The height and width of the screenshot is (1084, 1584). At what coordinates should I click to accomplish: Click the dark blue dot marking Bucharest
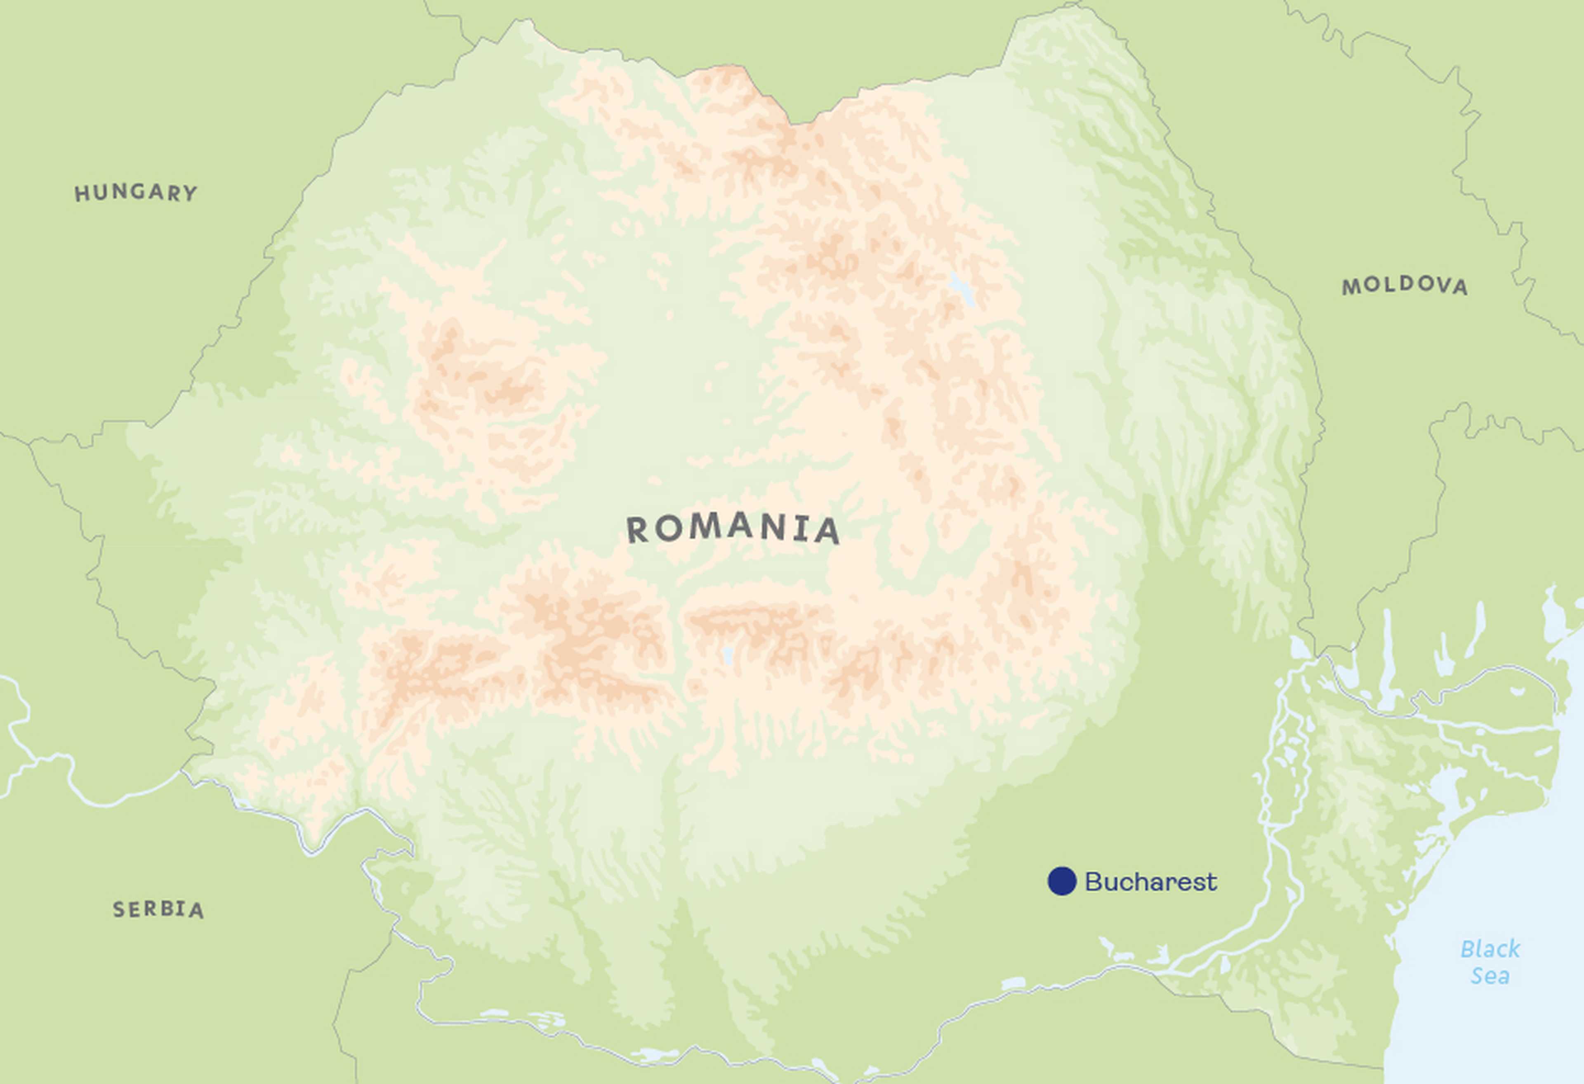[1061, 881]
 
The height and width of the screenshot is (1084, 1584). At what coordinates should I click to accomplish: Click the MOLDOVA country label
[1405, 286]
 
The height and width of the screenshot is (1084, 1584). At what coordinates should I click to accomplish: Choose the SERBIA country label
[158, 909]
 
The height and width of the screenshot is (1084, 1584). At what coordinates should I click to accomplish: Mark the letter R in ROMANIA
[637, 530]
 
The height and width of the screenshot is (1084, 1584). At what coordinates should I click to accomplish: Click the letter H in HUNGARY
[82, 194]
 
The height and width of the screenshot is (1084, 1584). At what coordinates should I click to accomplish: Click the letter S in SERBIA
[119, 909]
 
